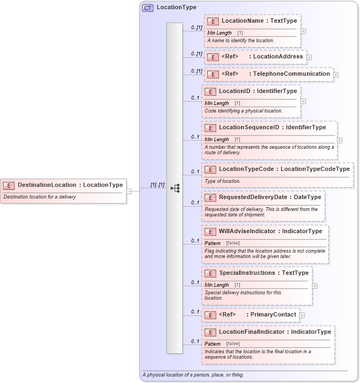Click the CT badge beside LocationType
tap(147, 8)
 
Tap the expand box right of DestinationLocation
tap(129, 190)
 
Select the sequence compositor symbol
tap(175, 188)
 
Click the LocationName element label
tap(242, 21)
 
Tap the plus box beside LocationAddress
tap(309, 56)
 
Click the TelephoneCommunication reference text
tap(292, 74)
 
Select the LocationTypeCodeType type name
tap(315, 169)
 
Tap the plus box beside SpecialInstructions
tap(315, 286)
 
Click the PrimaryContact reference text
tap(273, 314)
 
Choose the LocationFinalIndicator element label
tap(251, 332)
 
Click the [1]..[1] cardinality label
tap(157, 185)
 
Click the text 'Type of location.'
tap(223, 181)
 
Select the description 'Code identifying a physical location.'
tap(243, 111)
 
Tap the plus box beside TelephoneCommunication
tap(336, 74)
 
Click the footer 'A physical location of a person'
tap(193, 375)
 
